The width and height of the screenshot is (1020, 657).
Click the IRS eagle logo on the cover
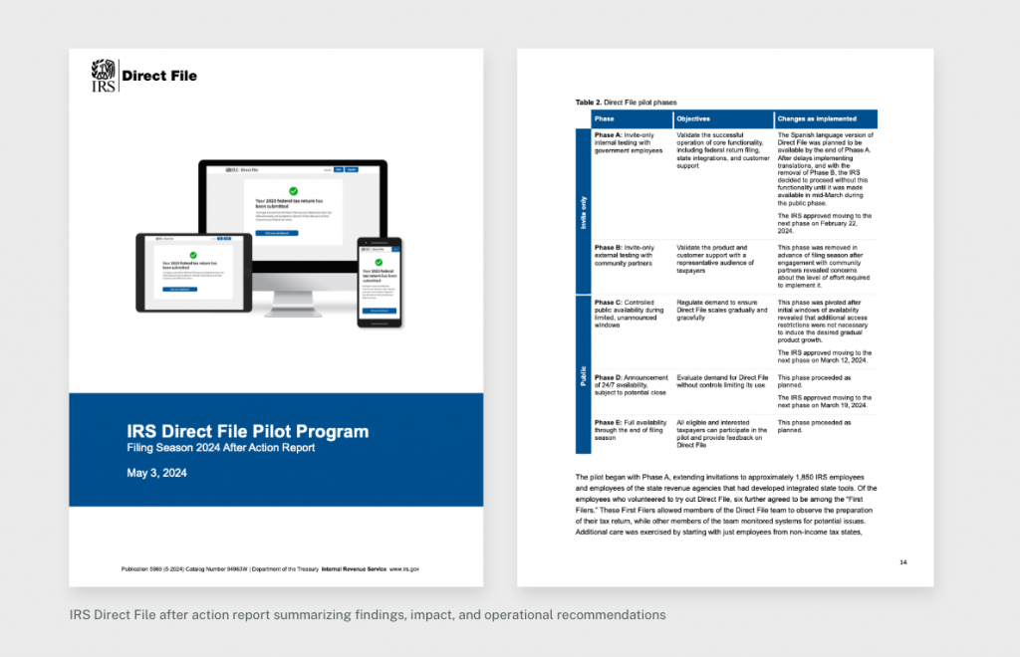[x=104, y=75]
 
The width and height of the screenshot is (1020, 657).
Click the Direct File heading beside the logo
[x=159, y=76]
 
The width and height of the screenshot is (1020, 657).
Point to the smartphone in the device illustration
[x=381, y=283]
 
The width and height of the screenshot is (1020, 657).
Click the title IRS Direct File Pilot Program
[x=248, y=431]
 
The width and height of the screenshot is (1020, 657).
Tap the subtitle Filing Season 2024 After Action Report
[x=221, y=448]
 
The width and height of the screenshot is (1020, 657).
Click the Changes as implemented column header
[x=816, y=118]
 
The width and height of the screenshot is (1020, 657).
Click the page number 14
[x=902, y=562]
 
